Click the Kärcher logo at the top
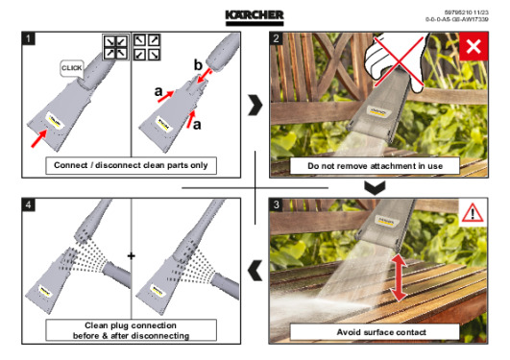(x=255, y=17)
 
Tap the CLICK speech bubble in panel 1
(x=72, y=68)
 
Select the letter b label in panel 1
(x=198, y=65)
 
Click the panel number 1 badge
(x=28, y=38)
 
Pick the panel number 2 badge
(x=277, y=38)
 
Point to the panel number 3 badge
(x=277, y=204)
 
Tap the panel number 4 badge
(x=28, y=204)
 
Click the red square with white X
(x=474, y=46)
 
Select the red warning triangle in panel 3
(x=473, y=213)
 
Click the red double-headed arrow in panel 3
(x=399, y=277)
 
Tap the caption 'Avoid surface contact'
(x=381, y=332)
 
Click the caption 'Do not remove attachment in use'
(x=375, y=166)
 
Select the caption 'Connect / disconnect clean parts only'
(x=131, y=165)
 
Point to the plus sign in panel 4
(x=131, y=256)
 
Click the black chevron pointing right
(x=255, y=105)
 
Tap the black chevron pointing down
(x=375, y=188)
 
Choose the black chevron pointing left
(x=255, y=271)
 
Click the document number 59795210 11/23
(x=466, y=12)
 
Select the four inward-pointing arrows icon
(x=116, y=47)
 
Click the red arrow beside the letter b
(x=205, y=76)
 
